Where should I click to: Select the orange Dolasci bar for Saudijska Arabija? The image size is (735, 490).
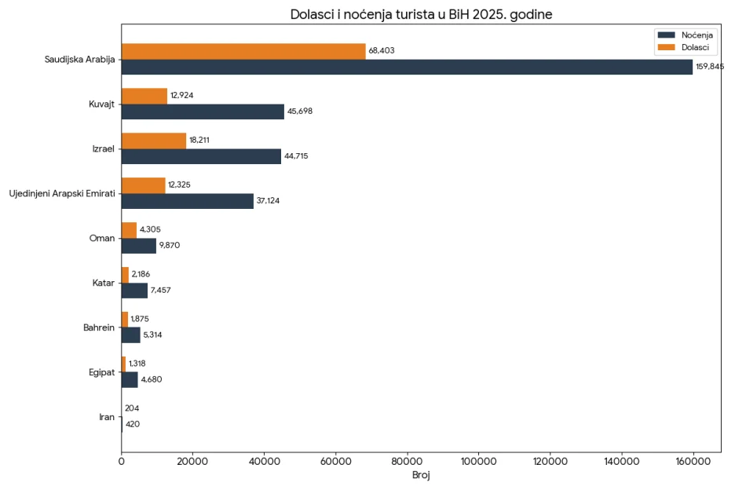tap(243, 51)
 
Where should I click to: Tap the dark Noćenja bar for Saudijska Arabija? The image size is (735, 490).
tap(407, 67)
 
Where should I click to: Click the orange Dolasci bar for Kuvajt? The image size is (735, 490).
tap(144, 96)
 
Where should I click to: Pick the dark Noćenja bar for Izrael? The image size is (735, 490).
tap(201, 156)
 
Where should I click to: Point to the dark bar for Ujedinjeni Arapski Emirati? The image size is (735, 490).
tap(188, 201)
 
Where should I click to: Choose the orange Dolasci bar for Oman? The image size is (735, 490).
tap(129, 230)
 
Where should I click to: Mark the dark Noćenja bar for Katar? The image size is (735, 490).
tap(134, 291)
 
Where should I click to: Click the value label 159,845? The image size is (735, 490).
tap(710, 67)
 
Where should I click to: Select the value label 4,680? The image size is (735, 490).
tap(152, 380)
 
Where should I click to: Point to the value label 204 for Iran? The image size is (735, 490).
tap(132, 409)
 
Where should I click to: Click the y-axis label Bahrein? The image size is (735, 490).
tap(99, 327)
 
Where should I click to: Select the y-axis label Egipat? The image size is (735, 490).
tap(101, 372)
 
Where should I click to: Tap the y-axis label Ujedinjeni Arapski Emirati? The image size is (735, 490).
tap(61, 193)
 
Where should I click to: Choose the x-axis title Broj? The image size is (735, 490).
tap(421, 476)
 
